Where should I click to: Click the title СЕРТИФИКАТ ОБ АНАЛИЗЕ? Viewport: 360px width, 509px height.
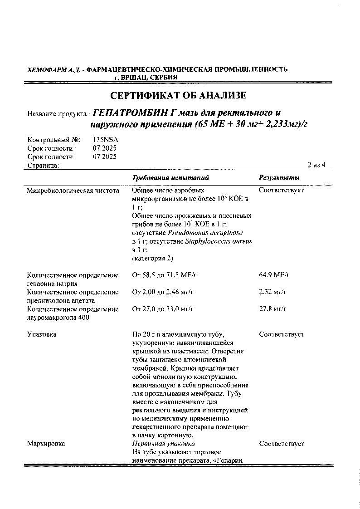[178, 96]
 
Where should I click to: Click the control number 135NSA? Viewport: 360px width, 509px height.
[105, 140]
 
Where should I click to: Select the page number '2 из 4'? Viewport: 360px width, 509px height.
[316, 165]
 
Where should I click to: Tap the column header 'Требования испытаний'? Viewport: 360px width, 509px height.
[170, 178]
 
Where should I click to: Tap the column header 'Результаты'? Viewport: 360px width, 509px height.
[279, 178]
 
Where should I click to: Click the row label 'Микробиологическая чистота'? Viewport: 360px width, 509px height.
[73, 191]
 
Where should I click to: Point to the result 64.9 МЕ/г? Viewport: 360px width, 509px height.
[274, 275]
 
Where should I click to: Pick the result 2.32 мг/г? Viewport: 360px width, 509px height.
[272, 292]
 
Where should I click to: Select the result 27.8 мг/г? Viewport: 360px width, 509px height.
[272, 309]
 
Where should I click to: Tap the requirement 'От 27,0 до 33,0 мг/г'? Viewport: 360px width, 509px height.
[163, 309]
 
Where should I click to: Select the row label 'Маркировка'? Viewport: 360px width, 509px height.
[46, 444]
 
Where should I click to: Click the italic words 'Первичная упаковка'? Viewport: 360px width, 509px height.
[163, 444]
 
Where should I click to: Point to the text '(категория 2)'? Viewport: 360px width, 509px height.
[152, 259]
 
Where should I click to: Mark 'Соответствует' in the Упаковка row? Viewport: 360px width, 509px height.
[282, 334]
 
